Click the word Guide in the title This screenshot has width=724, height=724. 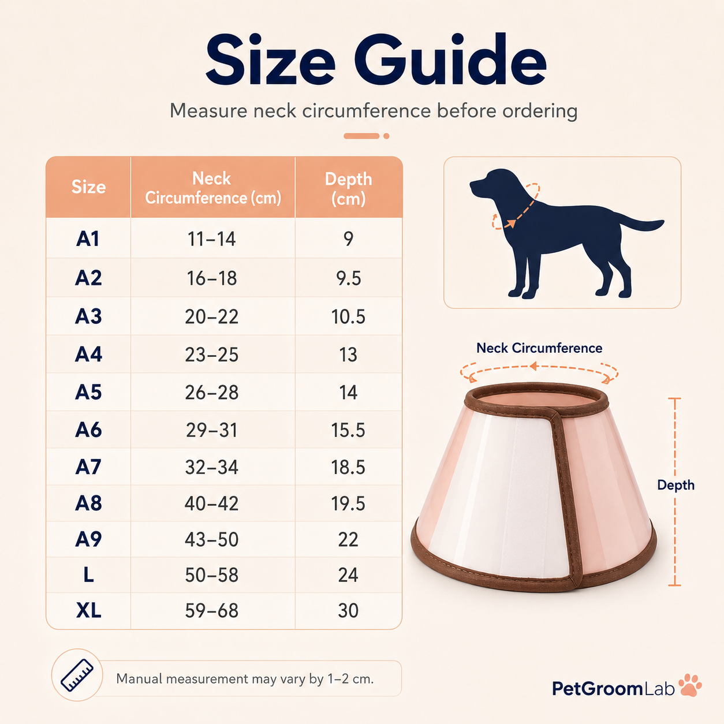[450, 59]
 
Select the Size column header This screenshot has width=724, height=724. [89, 186]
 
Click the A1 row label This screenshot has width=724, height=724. [88, 238]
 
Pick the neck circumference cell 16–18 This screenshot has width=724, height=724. [212, 278]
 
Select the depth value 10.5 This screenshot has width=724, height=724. [348, 316]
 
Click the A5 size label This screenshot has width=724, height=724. [88, 392]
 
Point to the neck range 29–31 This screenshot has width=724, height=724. [212, 430]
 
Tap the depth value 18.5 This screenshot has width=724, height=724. [348, 468]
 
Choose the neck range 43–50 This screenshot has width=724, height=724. [212, 539]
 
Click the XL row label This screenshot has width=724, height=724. [89, 610]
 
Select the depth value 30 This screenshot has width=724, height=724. [348, 610]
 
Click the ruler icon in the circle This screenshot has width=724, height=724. [77, 675]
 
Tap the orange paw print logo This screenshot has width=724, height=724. [690, 685]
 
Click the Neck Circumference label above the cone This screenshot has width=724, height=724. [539, 348]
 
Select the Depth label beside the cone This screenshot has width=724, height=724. [676, 485]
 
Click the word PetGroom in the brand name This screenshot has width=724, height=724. [598, 689]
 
